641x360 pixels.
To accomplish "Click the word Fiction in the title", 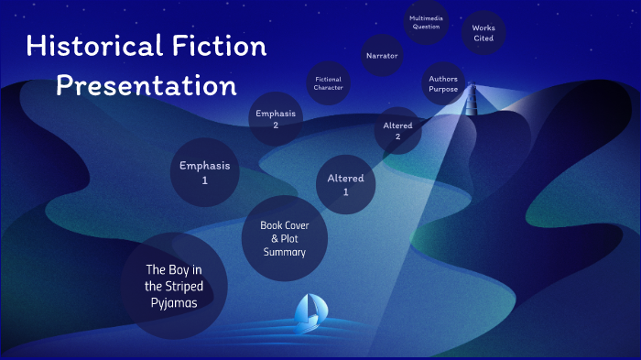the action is pos(219,47).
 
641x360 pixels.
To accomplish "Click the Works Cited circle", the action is pos(483,33).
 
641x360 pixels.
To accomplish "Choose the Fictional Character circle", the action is pos(329,83).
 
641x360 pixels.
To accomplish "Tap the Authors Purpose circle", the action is pos(443,84).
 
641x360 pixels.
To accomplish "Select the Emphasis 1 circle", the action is pos(205,172).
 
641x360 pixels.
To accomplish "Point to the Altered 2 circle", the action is pos(398,130).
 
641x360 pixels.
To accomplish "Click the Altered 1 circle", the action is pos(345,184).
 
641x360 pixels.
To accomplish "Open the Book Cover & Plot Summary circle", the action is pos(284,238).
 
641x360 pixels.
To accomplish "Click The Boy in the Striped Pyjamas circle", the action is pos(173,286).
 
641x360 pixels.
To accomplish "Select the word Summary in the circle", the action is pos(284,252).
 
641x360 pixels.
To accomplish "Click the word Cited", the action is pos(483,38).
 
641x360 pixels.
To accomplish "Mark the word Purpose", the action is pos(443,90).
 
